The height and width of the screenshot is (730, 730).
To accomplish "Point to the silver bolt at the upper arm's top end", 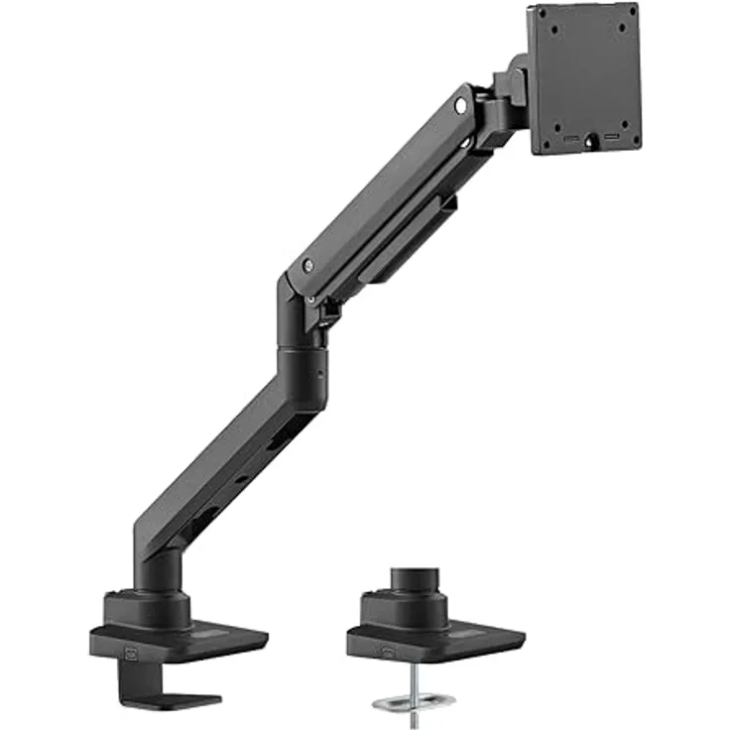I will (462, 102).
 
